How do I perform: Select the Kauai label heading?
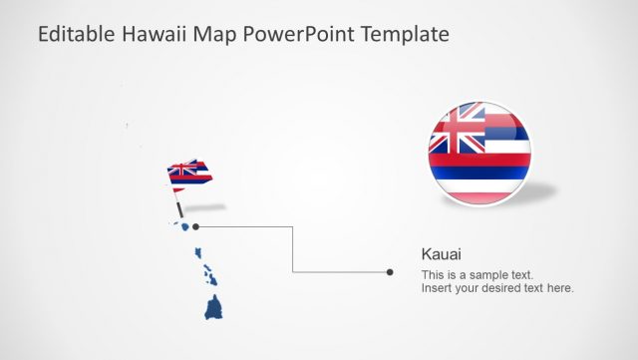coord(442,254)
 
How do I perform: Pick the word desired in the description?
coord(507,288)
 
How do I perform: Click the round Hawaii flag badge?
coord(479,153)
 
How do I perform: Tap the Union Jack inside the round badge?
coord(457,129)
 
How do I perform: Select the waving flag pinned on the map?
coord(189,175)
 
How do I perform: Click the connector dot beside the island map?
coord(195,226)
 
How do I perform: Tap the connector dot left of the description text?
coord(390,271)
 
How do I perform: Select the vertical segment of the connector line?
coord(292,249)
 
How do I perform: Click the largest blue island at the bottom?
coord(214,308)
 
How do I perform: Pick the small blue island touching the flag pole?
coord(183,225)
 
